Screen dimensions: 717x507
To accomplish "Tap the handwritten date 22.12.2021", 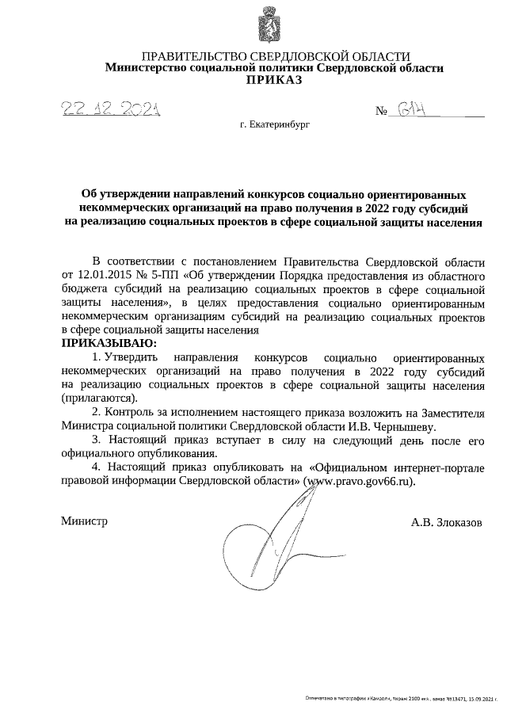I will (112, 110).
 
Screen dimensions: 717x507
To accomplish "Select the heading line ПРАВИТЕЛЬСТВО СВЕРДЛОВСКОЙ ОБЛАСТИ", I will (275, 56).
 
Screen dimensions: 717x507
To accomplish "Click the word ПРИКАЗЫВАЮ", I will (109, 343).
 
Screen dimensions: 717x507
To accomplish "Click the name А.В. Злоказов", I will (446, 523).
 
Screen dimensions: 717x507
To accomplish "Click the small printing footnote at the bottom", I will (404, 698).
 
